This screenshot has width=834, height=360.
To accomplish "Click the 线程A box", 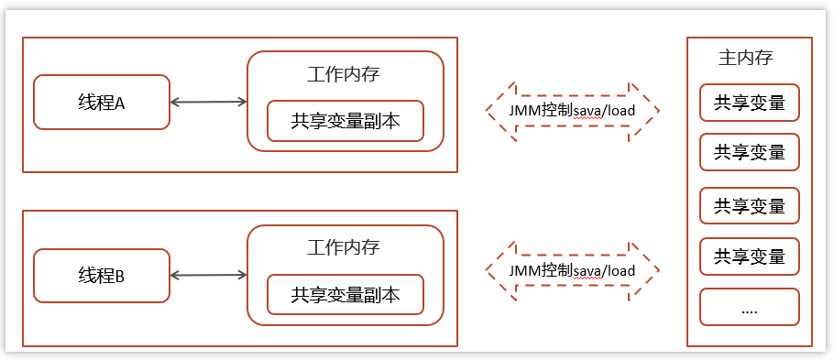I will [x=102, y=102].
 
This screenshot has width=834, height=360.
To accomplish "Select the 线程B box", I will [x=102, y=275].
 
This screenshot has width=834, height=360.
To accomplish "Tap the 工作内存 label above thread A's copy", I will [x=344, y=74].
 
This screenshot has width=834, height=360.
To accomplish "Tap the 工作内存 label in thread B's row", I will [x=344, y=247].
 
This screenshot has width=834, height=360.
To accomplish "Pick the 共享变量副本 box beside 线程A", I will [x=346, y=121].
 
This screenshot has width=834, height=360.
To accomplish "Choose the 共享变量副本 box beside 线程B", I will [x=346, y=295].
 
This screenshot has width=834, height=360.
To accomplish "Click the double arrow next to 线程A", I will [x=209, y=102].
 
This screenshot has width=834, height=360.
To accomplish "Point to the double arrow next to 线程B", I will [x=209, y=275].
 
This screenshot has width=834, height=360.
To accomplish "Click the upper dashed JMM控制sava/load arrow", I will [x=573, y=111].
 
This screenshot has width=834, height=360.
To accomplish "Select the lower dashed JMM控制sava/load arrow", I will [x=573, y=271].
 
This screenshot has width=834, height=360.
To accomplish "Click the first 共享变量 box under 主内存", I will [x=750, y=103].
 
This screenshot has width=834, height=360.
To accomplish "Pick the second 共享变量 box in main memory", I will [x=750, y=152].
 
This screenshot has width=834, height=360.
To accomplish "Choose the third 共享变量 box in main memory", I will [x=750, y=206].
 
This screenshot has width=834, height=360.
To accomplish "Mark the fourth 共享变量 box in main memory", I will [x=750, y=256].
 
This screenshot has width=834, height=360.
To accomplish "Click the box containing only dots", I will [x=750, y=307].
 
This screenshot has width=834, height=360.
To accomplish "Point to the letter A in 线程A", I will [x=119, y=103].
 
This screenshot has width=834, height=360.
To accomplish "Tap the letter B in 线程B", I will [x=119, y=276].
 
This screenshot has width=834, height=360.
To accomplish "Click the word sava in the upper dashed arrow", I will [x=588, y=111].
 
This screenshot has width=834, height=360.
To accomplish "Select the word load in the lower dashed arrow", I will [x=620, y=271].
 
